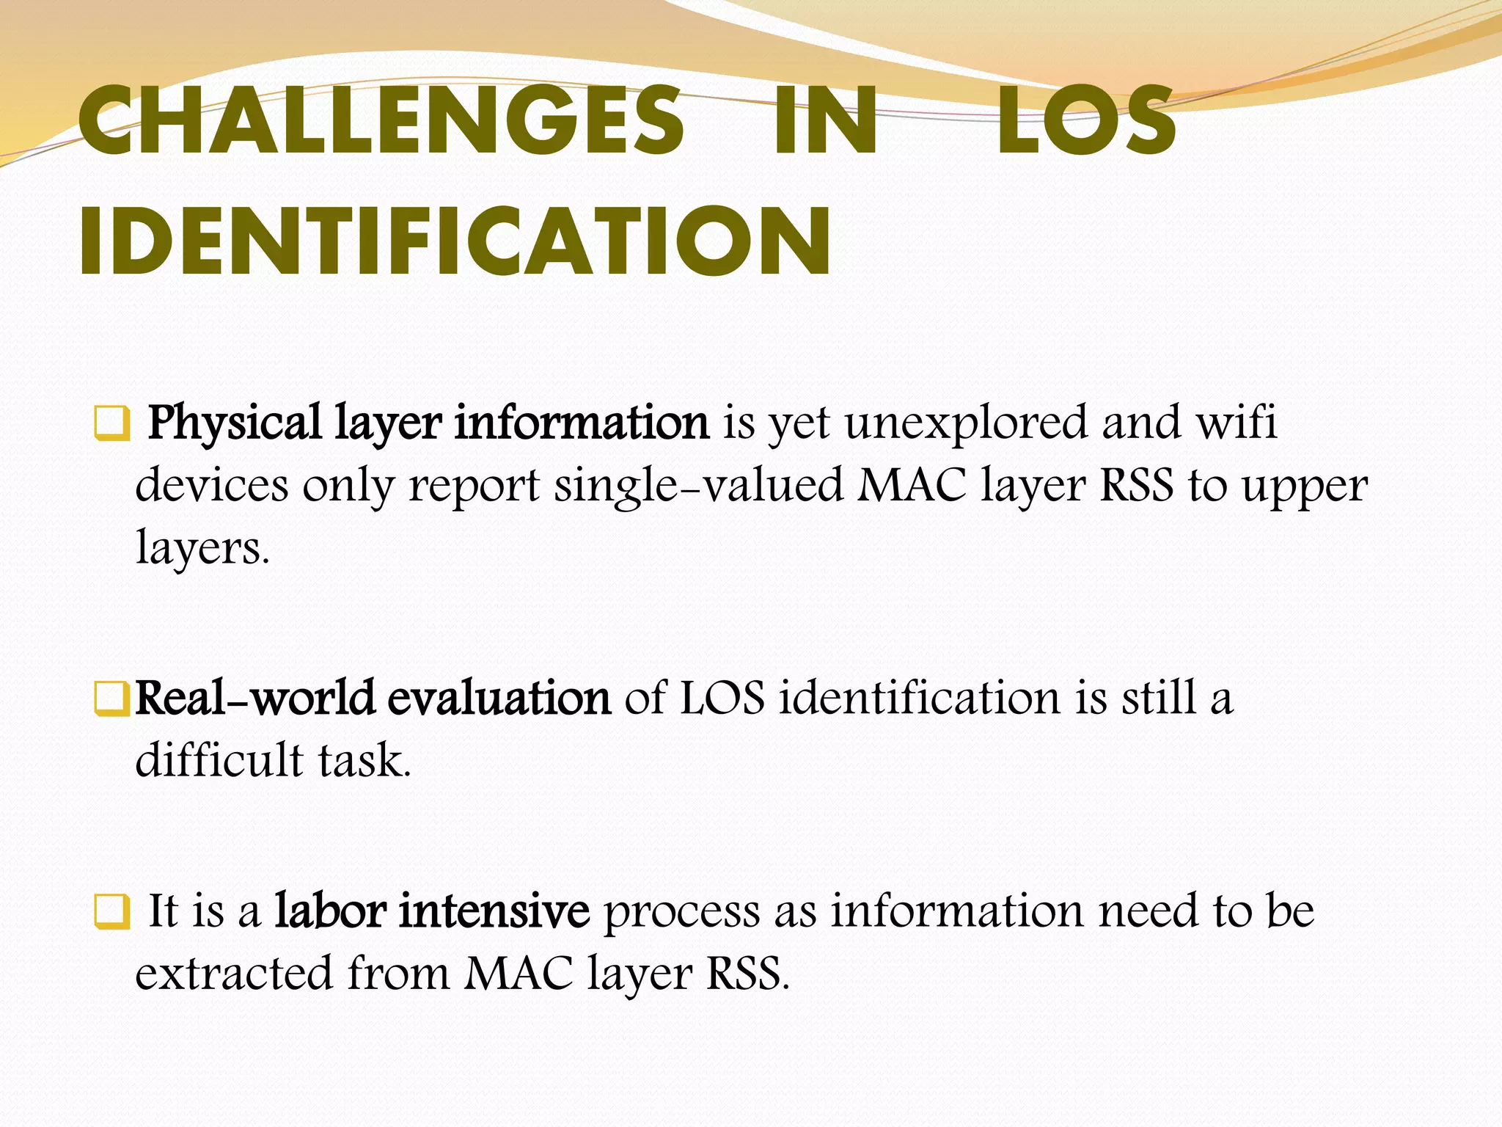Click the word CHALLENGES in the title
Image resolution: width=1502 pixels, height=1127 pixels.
(x=381, y=120)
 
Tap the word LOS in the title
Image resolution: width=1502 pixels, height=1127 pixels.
(x=1085, y=120)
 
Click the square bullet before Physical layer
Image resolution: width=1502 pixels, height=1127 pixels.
(x=111, y=424)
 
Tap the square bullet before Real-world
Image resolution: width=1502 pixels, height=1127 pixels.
(x=111, y=699)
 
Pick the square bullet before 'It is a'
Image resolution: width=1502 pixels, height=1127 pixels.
(x=111, y=913)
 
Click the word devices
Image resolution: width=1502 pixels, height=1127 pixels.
(x=212, y=486)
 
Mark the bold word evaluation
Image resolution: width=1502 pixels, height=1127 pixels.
(x=499, y=699)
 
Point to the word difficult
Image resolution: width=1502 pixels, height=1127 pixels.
(x=219, y=760)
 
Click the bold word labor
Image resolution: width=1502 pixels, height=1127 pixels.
(x=330, y=911)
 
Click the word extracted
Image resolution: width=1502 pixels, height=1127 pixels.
(x=234, y=974)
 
